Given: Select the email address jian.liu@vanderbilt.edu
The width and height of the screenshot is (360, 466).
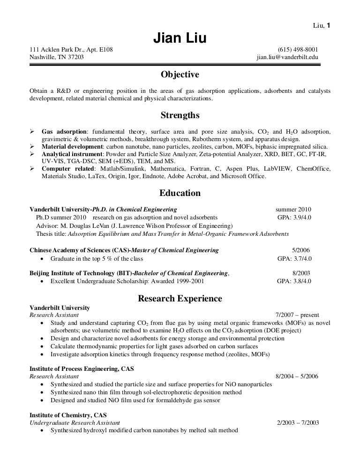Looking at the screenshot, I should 287,58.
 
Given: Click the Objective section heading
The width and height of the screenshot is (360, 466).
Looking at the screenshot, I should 180,75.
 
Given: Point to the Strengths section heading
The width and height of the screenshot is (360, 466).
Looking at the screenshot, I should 180,115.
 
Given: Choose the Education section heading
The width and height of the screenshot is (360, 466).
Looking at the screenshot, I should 180,193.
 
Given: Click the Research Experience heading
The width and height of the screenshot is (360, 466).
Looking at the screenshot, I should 180,298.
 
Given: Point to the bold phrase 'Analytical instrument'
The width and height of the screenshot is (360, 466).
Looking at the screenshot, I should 73,154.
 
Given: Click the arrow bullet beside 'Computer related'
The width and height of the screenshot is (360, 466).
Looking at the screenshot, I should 32,169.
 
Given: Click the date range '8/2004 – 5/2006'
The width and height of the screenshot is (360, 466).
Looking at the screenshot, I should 297,376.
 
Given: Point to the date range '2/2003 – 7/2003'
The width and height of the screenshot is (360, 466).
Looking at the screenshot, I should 299,422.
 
